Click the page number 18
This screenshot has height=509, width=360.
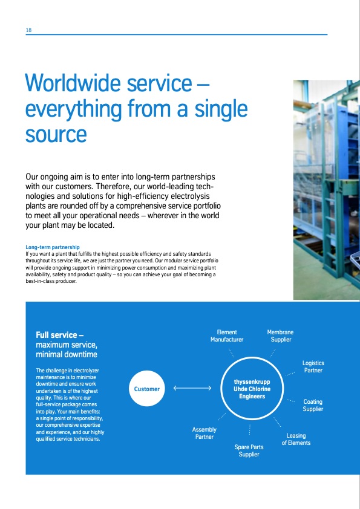point(28,30)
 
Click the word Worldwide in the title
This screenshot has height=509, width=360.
point(73,83)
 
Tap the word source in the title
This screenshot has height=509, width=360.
point(56,135)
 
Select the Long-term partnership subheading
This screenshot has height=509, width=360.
point(53,247)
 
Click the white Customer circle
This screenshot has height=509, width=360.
point(147,389)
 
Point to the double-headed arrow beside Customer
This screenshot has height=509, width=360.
point(192,388)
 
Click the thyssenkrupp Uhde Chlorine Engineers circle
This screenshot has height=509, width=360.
point(252,389)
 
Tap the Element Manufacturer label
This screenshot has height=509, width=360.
point(227,336)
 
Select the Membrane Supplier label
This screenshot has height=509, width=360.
point(280,336)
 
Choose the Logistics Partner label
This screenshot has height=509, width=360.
point(313,366)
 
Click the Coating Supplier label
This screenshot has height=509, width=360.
point(313,405)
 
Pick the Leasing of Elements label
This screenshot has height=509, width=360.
point(296,439)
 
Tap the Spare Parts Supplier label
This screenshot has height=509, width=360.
point(249,450)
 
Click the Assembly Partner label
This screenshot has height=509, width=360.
point(204,433)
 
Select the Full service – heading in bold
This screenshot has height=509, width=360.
point(60,335)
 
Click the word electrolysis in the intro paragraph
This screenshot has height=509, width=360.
point(190,196)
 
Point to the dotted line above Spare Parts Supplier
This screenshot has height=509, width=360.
point(249,429)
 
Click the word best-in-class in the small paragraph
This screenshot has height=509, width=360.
point(41,281)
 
